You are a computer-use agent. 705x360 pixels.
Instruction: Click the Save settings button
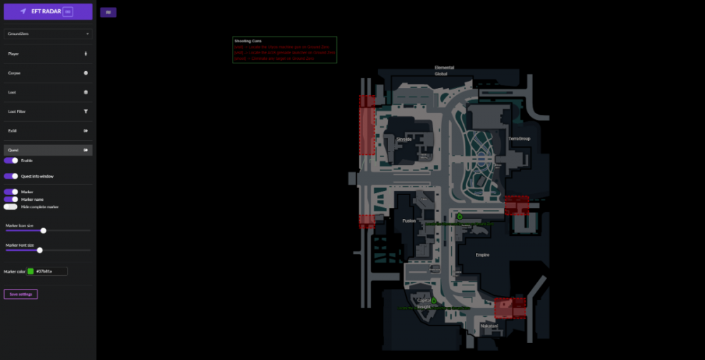pos(20,294)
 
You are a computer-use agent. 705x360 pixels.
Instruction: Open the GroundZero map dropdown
pos(48,34)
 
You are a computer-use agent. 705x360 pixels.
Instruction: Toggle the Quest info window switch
pos(11,176)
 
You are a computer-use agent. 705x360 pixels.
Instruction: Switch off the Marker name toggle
pos(11,199)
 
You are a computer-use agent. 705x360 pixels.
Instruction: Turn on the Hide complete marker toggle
pos(11,206)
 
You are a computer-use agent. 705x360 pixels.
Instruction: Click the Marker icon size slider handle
pos(44,230)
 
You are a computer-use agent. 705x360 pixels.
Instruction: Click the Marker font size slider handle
pos(40,250)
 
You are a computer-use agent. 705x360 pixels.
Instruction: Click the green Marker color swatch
pos(30,271)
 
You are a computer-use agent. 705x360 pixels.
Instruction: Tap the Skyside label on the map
pos(404,139)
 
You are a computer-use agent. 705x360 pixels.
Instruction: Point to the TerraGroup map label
pos(520,139)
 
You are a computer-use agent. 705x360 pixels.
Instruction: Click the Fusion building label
pos(410,221)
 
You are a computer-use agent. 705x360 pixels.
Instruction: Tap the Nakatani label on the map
pos(489,325)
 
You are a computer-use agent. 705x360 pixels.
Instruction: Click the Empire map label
pos(482,255)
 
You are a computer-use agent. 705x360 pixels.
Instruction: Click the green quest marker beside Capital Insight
pos(434,301)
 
